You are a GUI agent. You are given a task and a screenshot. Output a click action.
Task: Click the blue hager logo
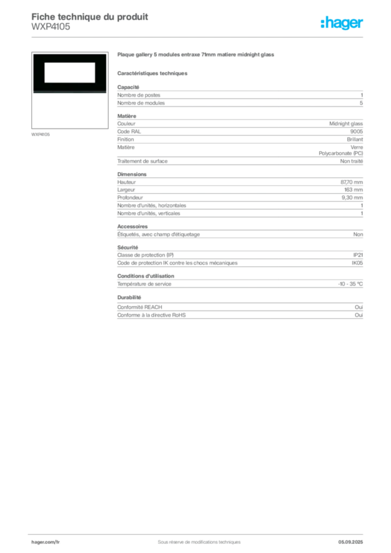coord(342,23)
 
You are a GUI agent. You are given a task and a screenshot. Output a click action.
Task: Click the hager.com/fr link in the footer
coord(45,542)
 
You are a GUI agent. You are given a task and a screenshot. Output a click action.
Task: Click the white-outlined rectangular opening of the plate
coord(69,72)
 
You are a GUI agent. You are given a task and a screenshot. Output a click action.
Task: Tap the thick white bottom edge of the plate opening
coord(69,80)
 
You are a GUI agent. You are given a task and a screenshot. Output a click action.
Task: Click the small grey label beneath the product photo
coord(41,134)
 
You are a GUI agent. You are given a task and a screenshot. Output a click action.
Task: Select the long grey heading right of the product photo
coord(197,56)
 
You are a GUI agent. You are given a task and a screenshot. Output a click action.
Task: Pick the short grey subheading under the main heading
coord(153,73)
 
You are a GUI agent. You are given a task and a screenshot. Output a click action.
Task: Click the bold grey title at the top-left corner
coord(90,15)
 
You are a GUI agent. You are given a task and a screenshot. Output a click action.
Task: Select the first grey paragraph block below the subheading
coord(239,97)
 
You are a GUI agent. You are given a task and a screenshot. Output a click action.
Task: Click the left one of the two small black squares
coord(331,149)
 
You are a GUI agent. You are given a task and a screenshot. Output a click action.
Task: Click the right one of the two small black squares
coord(343,149)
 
